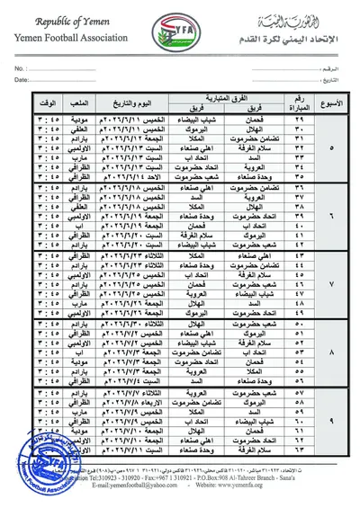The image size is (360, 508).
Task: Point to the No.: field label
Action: pos(19,67)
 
